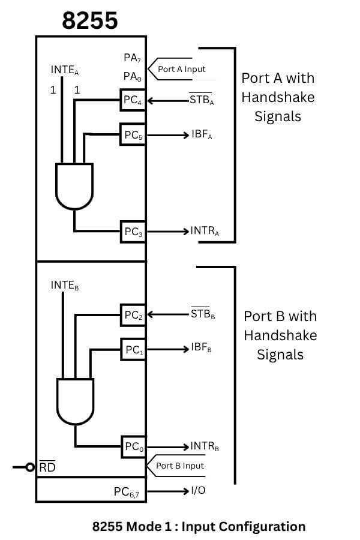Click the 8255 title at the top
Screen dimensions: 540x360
pyautogui.click(x=90, y=21)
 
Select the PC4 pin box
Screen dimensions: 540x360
pyautogui.click(x=133, y=101)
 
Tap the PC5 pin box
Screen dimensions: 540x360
pyautogui.click(x=133, y=135)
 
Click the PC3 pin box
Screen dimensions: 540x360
pyautogui.click(x=133, y=232)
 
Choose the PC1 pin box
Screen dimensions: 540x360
pyautogui.click(x=133, y=349)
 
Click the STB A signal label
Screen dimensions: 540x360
pyautogui.click(x=202, y=100)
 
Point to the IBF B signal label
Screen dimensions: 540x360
pyautogui.click(x=202, y=348)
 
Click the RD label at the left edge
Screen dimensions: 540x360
pyautogui.click(x=47, y=466)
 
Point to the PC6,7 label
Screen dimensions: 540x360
pyautogui.click(x=128, y=492)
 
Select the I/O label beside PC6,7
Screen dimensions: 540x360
pyautogui.click(x=198, y=491)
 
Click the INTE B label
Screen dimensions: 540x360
pyautogui.click(x=65, y=286)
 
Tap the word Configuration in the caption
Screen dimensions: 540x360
pyautogui.click(x=262, y=527)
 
